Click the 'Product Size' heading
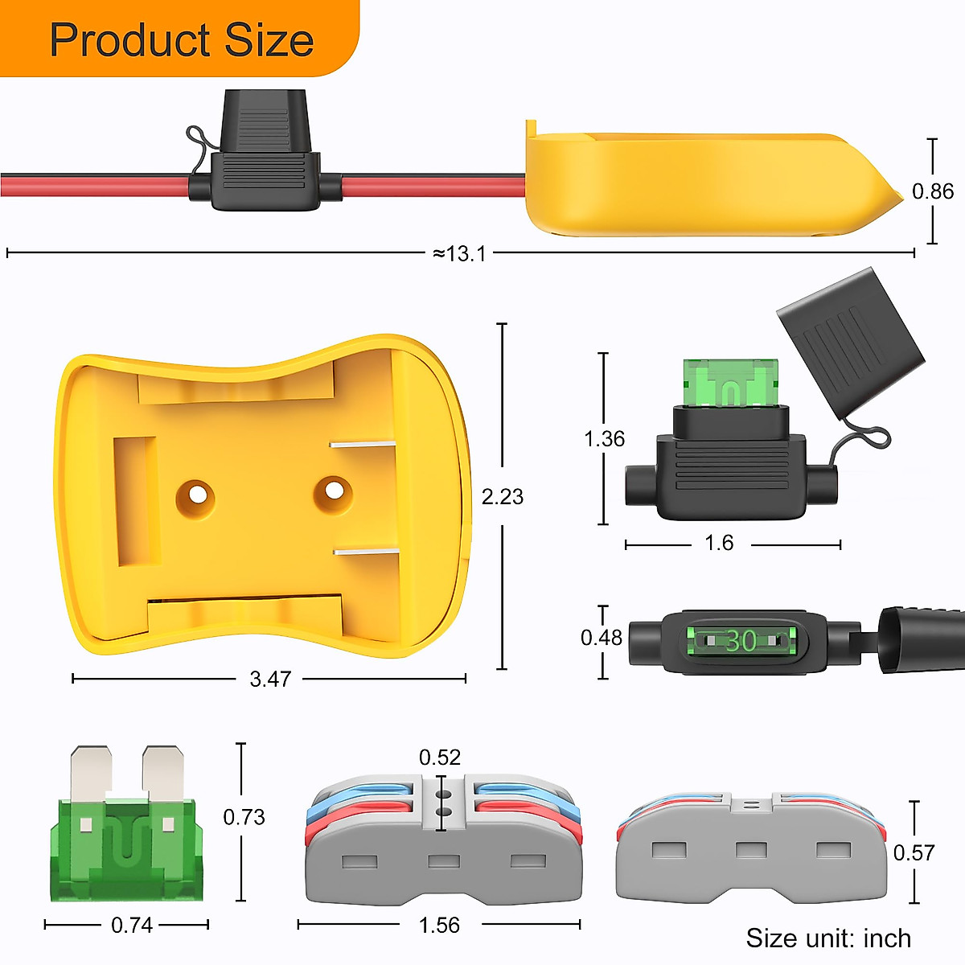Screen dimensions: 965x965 point(181,39)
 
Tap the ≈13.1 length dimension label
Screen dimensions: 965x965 point(459,254)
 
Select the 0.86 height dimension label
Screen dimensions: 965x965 point(932,191)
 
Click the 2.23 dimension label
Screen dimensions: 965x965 point(502,497)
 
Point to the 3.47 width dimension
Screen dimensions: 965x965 point(269,680)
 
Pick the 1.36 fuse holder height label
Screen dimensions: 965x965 point(604,439)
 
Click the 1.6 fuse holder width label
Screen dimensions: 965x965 point(718,544)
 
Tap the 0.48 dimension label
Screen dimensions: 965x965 point(602,638)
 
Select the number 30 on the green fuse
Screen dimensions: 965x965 point(741,641)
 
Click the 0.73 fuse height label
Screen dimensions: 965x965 point(244,817)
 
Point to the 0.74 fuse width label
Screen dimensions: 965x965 point(132,926)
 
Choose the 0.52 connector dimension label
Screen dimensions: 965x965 point(440,758)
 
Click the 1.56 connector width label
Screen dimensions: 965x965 point(439,926)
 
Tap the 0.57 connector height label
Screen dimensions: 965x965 point(914,852)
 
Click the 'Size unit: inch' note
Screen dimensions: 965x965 point(827,938)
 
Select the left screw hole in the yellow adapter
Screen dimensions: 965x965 point(195,494)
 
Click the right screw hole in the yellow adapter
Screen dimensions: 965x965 point(333,490)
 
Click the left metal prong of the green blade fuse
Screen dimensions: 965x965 point(90,774)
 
